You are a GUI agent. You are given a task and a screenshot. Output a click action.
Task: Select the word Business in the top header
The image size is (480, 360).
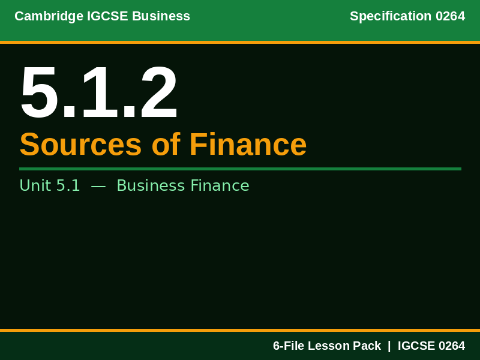coord(161,16)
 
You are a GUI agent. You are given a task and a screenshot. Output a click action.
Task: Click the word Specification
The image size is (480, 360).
coord(391,16)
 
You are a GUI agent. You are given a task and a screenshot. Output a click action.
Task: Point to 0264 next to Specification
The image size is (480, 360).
coord(450,16)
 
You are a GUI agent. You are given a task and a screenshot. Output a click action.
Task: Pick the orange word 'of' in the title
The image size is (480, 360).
coord(166,145)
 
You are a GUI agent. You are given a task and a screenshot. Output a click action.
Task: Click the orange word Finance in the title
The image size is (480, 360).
coord(248,145)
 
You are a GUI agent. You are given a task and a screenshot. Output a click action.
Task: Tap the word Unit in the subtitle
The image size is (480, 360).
coord(35,186)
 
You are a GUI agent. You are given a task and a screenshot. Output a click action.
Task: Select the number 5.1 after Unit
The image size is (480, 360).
coord(68,186)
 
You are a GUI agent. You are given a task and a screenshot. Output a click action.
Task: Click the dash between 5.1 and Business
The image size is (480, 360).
coord(98,186)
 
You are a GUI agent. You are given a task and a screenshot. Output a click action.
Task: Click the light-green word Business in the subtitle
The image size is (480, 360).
coord(151,186)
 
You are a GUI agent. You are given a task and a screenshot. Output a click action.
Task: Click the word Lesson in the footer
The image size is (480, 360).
coord(331,346)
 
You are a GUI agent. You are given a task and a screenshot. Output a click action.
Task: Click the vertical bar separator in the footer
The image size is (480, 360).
coord(389,346)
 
